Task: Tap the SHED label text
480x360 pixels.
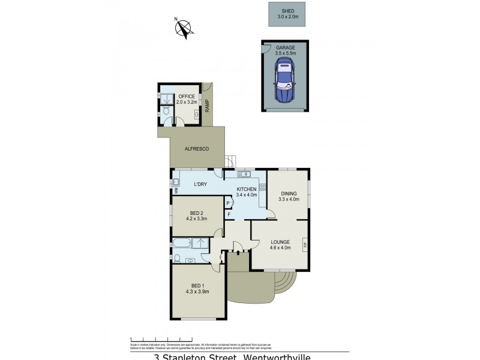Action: click(286, 11)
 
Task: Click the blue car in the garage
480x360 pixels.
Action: click(284, 84)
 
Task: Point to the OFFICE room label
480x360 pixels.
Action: click(187, 96)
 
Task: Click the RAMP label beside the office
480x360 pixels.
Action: click(208, 106)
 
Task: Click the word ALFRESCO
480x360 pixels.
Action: click(196, 148)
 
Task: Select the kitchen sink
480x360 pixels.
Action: click(244, 175)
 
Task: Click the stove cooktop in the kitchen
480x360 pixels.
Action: click(262, 187)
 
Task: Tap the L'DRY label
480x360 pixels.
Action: click(200, 184)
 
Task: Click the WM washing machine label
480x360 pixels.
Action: click(177, 191)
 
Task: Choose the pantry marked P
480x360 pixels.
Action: click(229, 204)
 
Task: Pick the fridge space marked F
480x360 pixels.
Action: click(229, 214)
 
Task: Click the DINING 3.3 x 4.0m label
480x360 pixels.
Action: click(288, 196)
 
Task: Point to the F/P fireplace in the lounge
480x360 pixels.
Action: click(305, 245)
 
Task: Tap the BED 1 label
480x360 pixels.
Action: click(198, 286)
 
